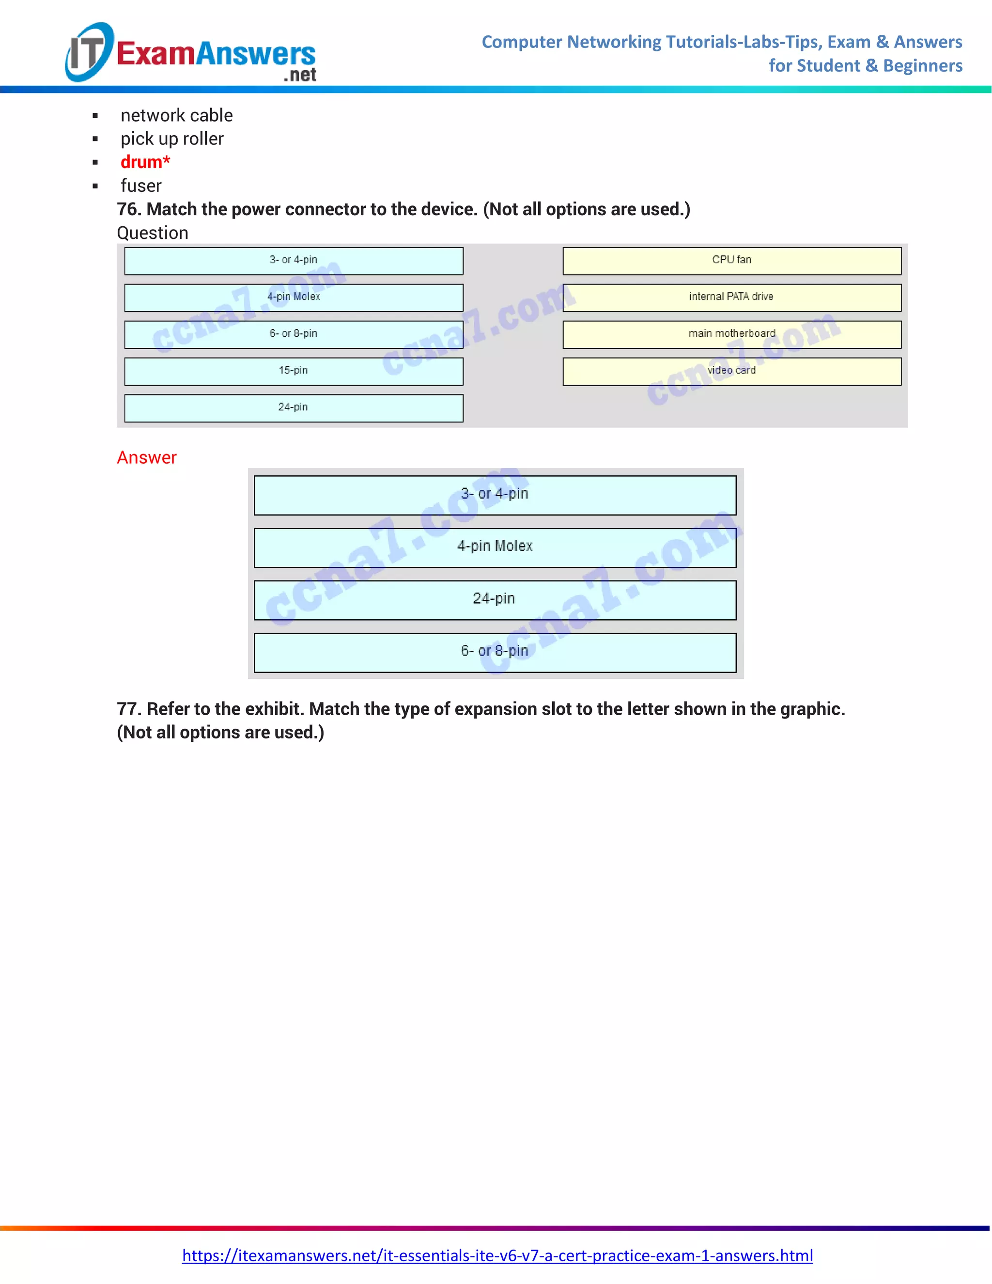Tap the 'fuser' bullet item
[141, 186]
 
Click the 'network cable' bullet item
[176, 115]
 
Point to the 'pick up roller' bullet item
[172, 139]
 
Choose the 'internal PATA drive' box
[732, 298]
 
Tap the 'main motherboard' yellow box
[732, 334]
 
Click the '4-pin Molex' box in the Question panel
[293, 298]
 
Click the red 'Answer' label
[146, 457]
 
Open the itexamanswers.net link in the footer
[497, 1255]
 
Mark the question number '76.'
[129, 209]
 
